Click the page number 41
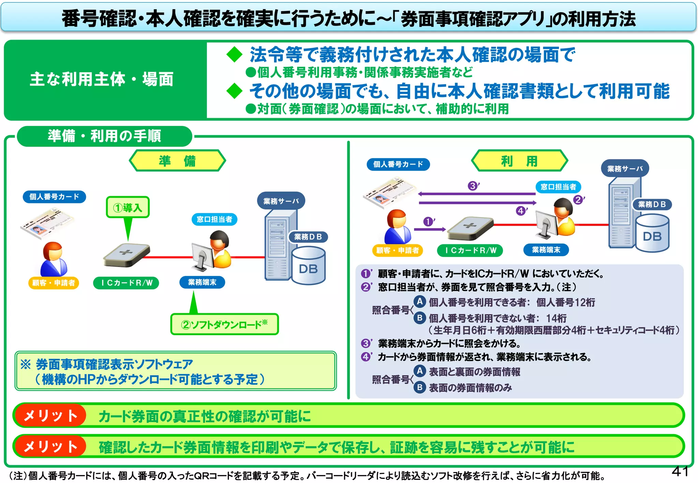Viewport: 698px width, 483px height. click(680, 471)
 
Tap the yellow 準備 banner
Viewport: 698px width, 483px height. click(177, 160)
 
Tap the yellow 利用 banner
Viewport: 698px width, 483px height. click(519, 160)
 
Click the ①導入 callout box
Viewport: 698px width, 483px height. click(127, 207)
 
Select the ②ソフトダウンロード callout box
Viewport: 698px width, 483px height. click(224, 324)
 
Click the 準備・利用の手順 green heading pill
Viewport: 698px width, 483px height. click(104, 136)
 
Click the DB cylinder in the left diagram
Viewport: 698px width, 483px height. click(308, 266)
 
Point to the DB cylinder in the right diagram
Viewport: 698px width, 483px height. click(652, 233)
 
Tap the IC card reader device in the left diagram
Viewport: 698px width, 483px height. click(126, 255)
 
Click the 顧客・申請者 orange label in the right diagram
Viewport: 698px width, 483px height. click(397, 250)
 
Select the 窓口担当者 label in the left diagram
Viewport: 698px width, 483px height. click(214, 219)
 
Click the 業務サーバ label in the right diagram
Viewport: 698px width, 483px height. click(625, 168)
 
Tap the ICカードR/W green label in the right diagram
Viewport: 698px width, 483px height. click(470, 250)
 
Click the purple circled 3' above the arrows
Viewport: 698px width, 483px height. click(473, 186)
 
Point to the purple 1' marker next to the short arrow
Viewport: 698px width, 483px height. click(428, 222)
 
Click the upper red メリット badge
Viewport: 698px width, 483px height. click(50, 415)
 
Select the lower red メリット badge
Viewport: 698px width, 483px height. click(50, 446)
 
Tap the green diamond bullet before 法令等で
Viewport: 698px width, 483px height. click(234, 54)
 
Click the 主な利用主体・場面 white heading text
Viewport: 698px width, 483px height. click(102, 79)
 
